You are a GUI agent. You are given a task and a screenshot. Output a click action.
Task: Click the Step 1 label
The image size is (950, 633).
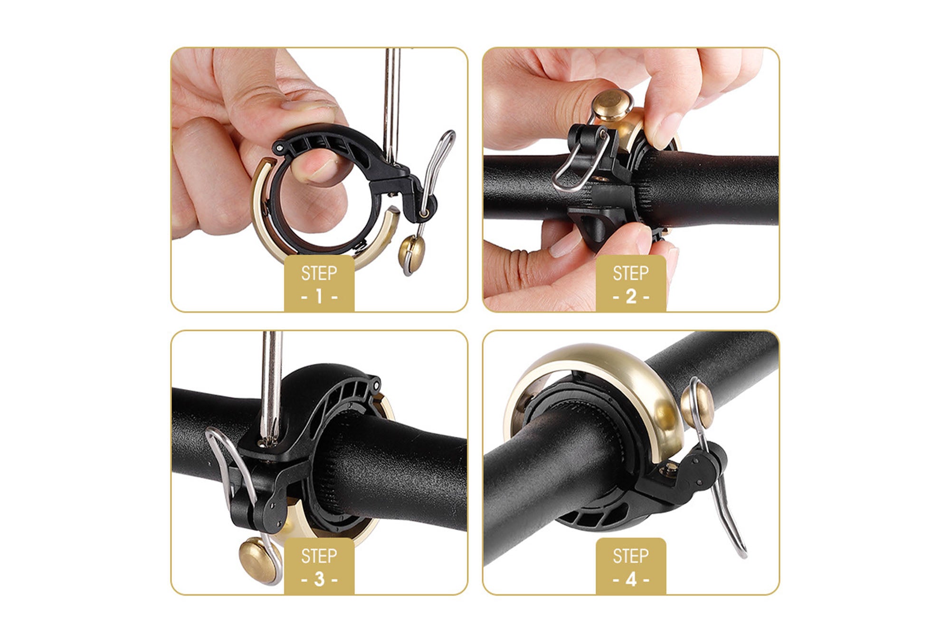(319, 283)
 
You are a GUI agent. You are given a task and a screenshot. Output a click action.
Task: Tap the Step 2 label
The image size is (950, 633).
(631, 283)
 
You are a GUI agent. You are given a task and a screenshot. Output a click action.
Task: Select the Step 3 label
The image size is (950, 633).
(319, 566)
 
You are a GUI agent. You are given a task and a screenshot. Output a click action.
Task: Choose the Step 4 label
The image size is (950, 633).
(631, 566)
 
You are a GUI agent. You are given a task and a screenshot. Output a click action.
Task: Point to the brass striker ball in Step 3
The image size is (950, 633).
(257, 560)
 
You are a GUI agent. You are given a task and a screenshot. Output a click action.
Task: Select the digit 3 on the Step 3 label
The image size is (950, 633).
(319, 579)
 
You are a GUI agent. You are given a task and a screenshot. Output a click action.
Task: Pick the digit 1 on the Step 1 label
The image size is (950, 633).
(319, 296)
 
